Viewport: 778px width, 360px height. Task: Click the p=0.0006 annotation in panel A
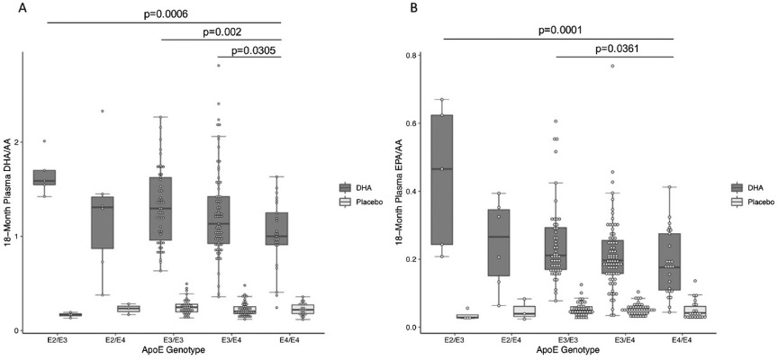pos(163,14)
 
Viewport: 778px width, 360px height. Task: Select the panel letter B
pos(413,9)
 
